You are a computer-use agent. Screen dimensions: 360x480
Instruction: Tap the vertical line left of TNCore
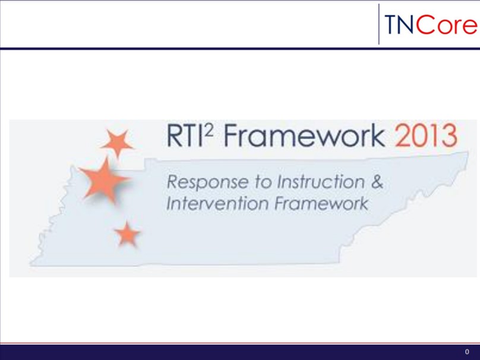pos(378,24)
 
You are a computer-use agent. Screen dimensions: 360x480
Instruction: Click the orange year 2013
pos(427,138)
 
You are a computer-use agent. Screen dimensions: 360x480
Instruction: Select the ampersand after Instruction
pos(376,182)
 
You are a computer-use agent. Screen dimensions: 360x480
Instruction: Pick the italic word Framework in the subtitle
pos(321,204)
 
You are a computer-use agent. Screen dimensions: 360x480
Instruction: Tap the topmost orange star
pos(116,143)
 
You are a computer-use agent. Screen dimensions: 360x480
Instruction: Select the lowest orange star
pos(126,235)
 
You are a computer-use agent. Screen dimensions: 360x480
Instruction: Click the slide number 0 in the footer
pos(467,352)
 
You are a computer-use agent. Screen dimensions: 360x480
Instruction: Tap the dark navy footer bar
pos(238,352)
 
